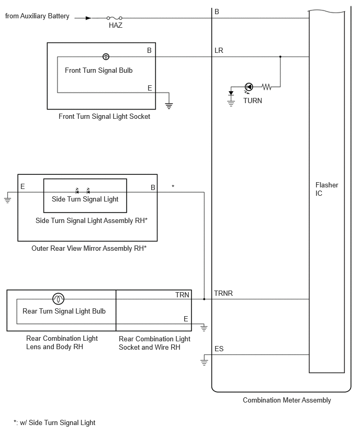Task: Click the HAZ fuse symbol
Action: (114, 18)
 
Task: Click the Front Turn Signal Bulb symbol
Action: (106, 57)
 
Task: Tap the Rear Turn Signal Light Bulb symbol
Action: (58, 299)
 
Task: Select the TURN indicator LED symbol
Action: (249, 87)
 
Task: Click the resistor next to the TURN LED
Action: (266, 87)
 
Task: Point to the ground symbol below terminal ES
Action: (204, 362)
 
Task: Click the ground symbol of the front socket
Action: (169, 106)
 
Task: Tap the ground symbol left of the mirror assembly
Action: (7, 199)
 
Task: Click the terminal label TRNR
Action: (223, 293)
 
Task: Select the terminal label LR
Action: (219, 51)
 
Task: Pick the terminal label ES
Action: (219, 349)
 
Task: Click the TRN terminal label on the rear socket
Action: (182, 295)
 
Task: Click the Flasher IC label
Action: (327, 189)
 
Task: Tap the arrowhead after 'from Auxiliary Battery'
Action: (88, 18)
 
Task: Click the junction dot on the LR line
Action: (280, 57)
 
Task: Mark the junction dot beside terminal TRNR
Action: (204, 299)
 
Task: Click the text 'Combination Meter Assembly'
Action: (287, 400)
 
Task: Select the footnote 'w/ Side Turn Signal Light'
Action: (58, 422)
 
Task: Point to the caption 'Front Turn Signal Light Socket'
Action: (104, 116)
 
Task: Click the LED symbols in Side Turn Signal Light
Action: (83, 191)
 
